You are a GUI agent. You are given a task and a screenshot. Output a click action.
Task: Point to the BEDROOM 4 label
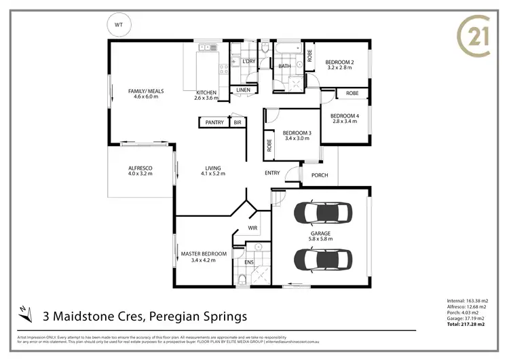coord(345,115)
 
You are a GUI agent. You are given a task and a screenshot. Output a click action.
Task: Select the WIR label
coord(252,228)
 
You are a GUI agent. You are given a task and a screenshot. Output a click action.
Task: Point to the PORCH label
coord(320,175)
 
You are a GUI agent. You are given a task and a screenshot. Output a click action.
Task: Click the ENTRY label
coord(272,173)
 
